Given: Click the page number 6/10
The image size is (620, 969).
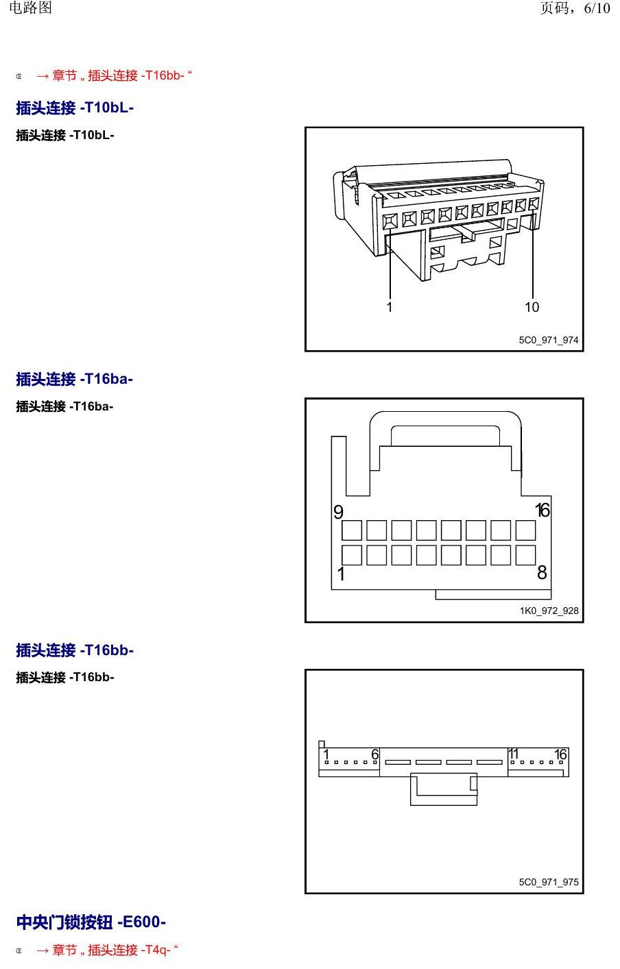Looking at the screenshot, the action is (597, 8).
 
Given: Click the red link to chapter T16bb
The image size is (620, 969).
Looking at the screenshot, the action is (114, 75).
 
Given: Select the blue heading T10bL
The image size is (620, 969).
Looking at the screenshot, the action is (75, 108).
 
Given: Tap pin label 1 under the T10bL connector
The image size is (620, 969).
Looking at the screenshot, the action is (390, 307).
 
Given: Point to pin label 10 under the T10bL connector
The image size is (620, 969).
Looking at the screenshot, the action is (532, 307).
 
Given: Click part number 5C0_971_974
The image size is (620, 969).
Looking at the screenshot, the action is (549, 340).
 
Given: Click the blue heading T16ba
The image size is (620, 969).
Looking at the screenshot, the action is (75, 379).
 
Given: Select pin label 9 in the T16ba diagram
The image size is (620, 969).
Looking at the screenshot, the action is (338, 512).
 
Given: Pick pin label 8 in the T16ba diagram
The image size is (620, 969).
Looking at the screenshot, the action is (542, 572).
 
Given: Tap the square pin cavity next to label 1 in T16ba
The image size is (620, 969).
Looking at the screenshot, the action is (352, 555).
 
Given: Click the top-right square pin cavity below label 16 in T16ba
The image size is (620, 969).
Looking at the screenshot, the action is (525, 530).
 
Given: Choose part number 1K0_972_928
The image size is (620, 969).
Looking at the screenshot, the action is (549, 611).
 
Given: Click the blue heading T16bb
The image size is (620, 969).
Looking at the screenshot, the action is (75, 650).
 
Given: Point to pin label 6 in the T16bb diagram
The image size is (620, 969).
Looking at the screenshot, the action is (375, 755).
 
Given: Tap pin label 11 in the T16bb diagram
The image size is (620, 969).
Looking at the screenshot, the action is (514, 754).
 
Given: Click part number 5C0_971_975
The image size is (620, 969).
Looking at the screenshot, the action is (549, 881).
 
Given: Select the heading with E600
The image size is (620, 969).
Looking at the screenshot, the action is (91, 922).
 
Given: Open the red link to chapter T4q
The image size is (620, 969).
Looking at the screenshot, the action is (108, 950).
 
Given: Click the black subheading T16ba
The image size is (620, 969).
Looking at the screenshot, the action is (64, 406).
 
